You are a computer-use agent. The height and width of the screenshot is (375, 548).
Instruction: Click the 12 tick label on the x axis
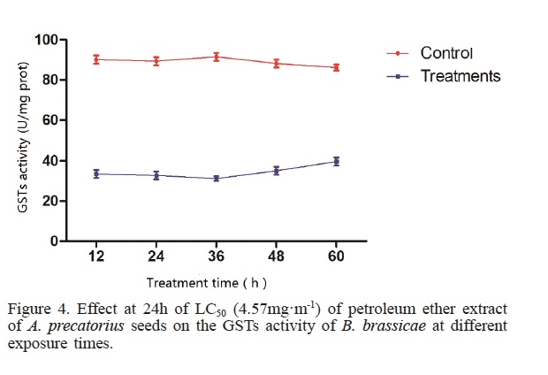pyautogui.click(x=96, y=257)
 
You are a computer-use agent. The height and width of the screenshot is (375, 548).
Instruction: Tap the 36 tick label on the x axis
pyautogui.click(x=216, y=257)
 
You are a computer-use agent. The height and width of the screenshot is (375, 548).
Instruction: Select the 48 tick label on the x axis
pyautogui.click(x=276, y=257)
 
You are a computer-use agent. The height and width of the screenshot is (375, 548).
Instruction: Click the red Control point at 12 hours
pyautogui.click(x=96, y=59)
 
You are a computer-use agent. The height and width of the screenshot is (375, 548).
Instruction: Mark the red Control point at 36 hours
pyautogui.click(x=216, y=57)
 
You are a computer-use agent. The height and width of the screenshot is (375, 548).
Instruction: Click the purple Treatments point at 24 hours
pyautogui.click(x=156, y=175)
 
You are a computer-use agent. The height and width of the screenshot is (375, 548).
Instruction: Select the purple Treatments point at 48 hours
pyautogui.click(x=276, y=170)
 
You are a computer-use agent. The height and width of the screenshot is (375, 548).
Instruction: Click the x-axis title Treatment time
pyautogui.click(x=206, y=283)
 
